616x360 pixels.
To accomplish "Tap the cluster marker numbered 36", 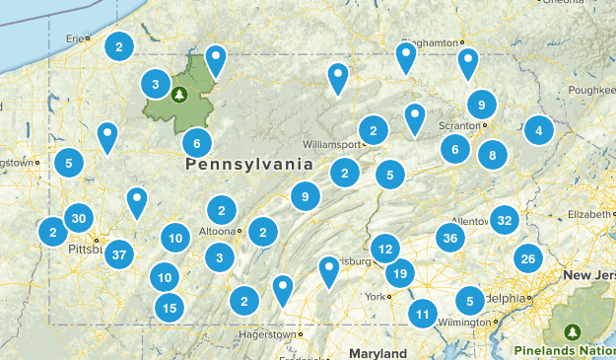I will click(x=450, y=238).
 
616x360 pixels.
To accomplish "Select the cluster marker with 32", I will click(x=505, y=220).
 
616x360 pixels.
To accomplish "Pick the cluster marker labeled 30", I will click(x=79, y=219).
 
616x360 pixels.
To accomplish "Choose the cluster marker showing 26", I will click(x=528, y=259).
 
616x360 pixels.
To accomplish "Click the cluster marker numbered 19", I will click(x=400, y=274).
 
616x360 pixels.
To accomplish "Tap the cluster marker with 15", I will click(x=170, y=308).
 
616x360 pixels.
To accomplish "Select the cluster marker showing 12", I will click(x=385, y=250).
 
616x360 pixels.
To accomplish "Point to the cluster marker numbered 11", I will click(x=423, y=315).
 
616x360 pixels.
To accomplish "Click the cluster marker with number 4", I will click(x=538, y=129).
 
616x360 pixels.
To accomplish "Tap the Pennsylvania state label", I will click(x=248, y=165).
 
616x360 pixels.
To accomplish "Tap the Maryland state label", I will click(x=376, y=352).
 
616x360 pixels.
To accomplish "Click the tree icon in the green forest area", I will click(x=178, y=95).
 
